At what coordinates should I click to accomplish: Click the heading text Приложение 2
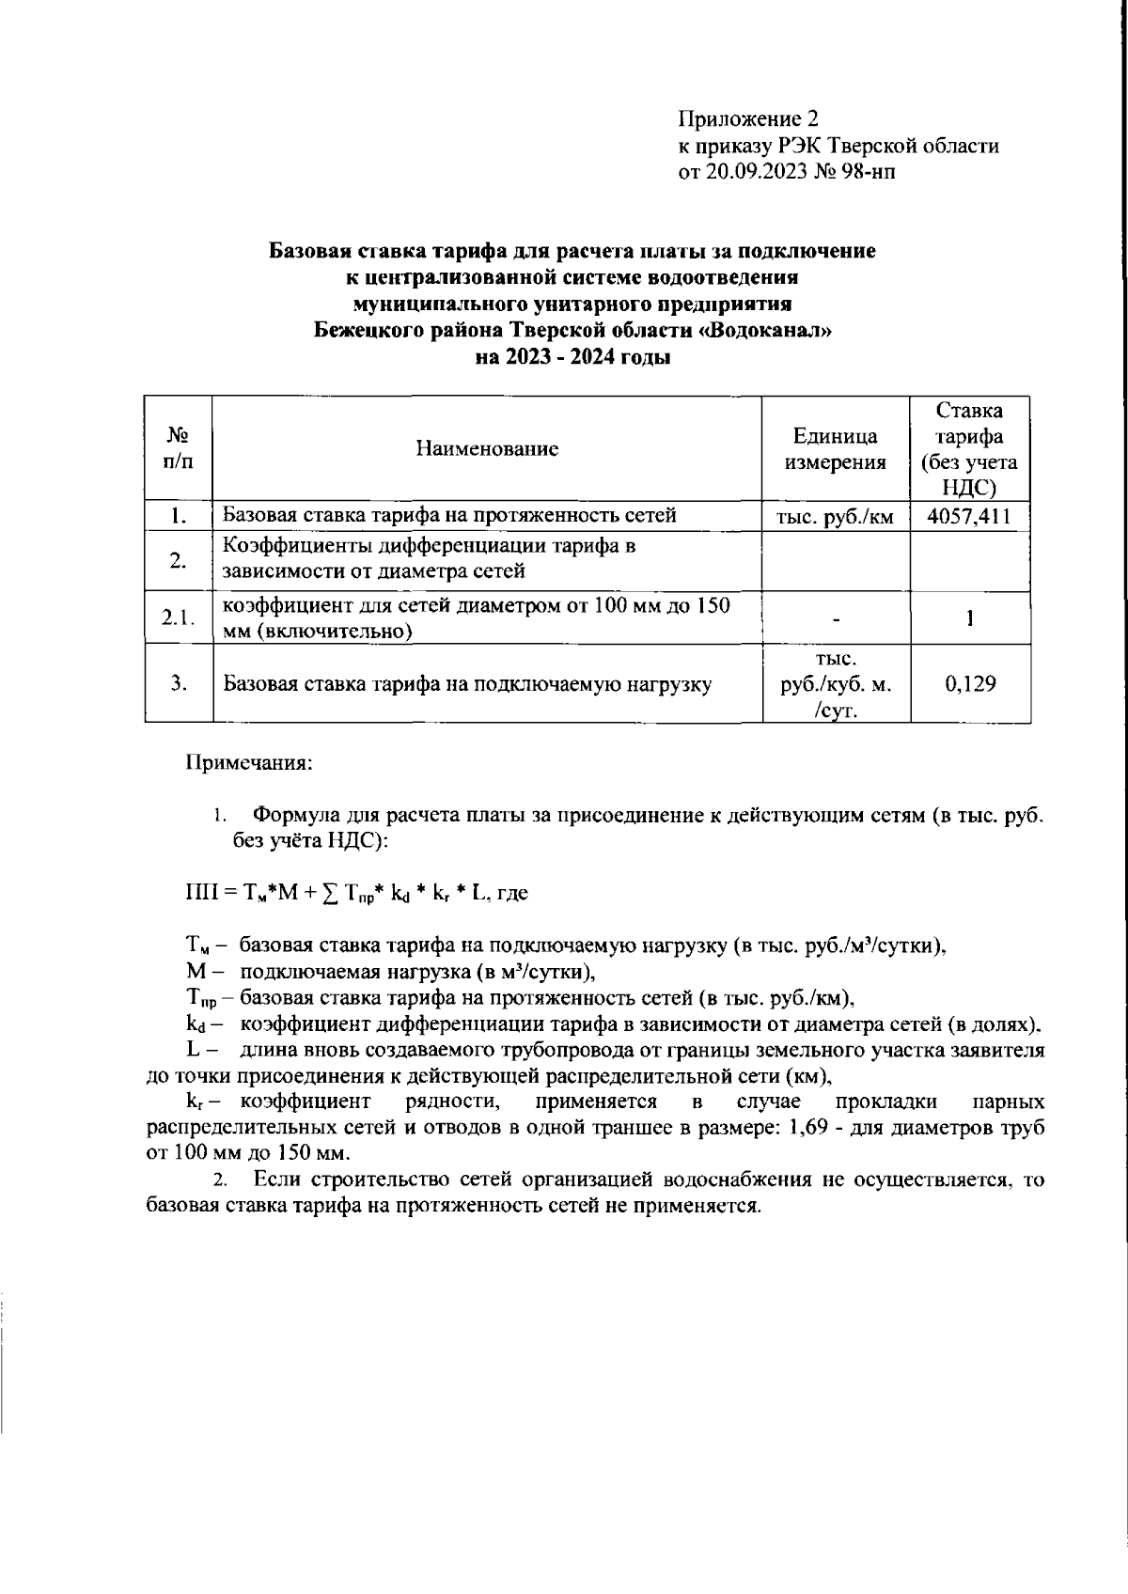749,119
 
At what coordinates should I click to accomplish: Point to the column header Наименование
487,448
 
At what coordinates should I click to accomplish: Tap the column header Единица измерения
835,448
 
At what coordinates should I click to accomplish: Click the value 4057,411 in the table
969,516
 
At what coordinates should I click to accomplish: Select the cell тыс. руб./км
835,516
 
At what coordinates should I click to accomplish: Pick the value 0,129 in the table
970,683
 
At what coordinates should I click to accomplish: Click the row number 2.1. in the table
178,617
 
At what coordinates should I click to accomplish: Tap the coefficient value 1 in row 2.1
970,617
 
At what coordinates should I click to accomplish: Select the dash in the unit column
835,618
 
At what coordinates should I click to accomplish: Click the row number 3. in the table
178,683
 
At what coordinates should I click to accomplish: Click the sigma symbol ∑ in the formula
329,894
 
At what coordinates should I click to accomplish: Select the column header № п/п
178,448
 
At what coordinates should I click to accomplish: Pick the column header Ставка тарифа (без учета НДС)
970,448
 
